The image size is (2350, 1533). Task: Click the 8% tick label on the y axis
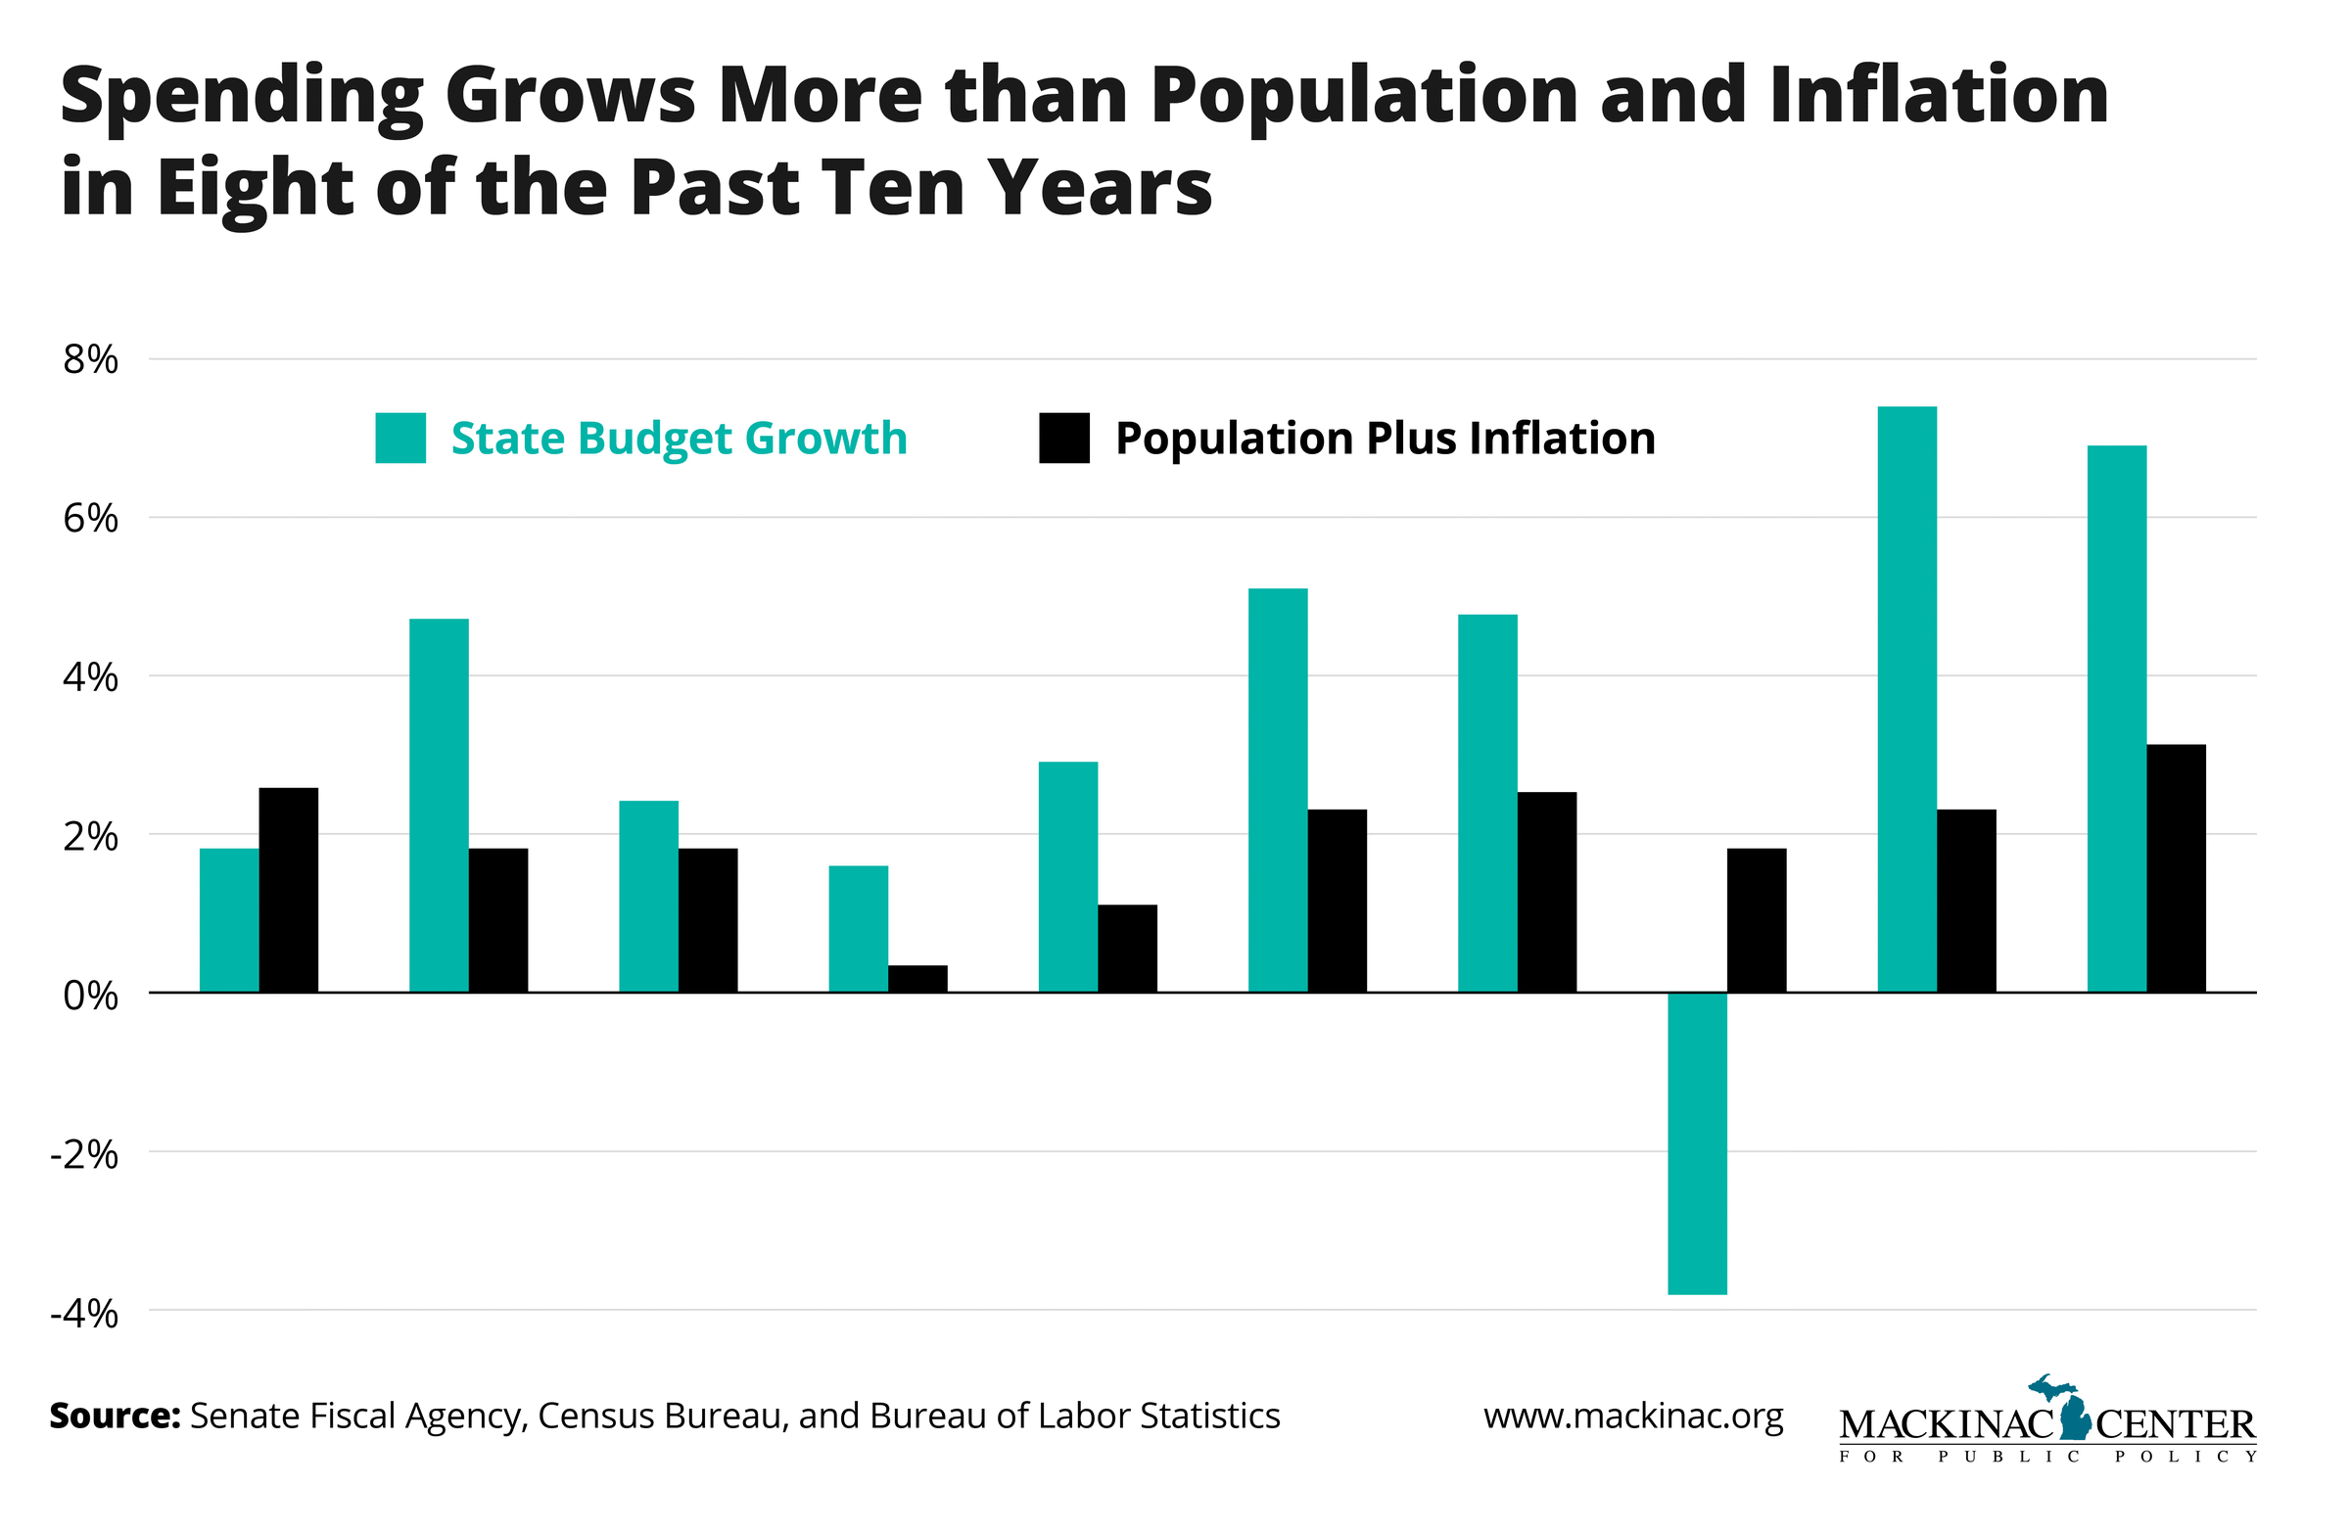click(91, 360)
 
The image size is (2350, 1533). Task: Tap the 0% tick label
click(91, 996)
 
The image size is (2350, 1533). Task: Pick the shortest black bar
click(917, 978)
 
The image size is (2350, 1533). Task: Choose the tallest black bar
click(2176, 867)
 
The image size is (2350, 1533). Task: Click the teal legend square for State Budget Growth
click(399, 438)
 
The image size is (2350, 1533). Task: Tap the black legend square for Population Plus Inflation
click(1064, 438)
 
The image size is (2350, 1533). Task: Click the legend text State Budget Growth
click(679, 438)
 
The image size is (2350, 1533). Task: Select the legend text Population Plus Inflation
click(1385, 438)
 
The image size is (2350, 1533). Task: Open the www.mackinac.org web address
click(1633, 1416)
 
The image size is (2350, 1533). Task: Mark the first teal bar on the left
click(229, 920)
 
